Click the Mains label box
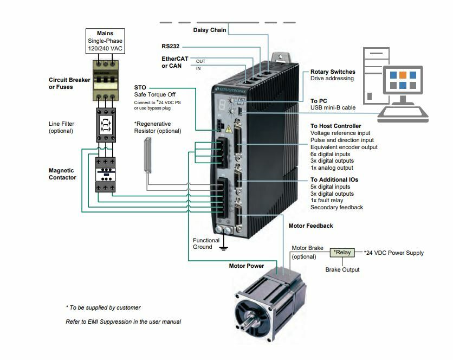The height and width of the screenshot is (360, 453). coord(105,41)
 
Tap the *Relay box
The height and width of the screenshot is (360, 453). coord(342,253)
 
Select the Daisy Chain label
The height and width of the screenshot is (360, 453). coord(210,29)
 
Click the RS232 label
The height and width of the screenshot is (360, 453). coord(171,46)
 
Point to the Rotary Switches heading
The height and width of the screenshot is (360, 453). coord(333,72)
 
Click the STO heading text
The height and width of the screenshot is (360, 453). coord(140,87)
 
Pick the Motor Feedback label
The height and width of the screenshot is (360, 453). coord(310,226)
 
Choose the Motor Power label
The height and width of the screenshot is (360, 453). coord(247,266)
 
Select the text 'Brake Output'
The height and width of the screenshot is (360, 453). coord(342,269)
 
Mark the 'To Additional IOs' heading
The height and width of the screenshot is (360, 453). coord(334,179)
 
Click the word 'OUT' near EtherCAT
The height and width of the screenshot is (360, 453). coord(200,61)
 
